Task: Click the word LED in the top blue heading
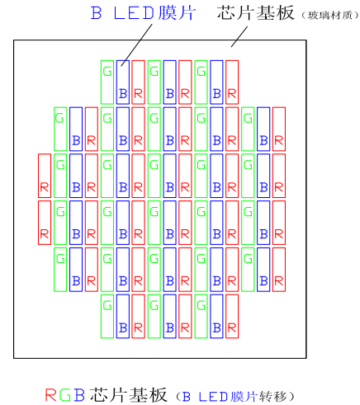point(134,12)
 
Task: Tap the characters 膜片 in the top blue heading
point(177,12)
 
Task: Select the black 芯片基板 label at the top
point(255,12)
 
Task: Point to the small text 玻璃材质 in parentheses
point(329,16)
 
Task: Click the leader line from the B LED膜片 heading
point(136,45)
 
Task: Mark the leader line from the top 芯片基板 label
point(239,36)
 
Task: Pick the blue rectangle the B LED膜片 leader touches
point(123,82)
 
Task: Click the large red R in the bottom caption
point(50,395)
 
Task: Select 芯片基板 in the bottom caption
point(128,395)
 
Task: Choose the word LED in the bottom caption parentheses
point(213,397)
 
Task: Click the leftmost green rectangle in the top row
point(107,82)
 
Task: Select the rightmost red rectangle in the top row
point(232,82)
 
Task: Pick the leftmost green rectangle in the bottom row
point(107,316)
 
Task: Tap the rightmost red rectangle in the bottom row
point(232,316)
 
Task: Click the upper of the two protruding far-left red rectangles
point(45,176)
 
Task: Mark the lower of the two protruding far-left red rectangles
point(45,223)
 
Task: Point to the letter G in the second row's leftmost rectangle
point(60,119)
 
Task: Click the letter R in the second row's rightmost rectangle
point(279,140)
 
